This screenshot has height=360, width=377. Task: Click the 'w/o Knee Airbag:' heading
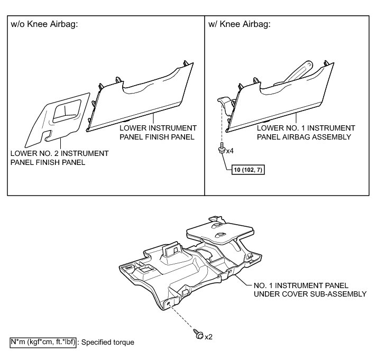(x=45, y=24)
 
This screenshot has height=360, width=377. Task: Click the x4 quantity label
(x=229, y=151)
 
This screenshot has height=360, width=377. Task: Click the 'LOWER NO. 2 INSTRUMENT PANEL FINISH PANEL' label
(x=59, y=158)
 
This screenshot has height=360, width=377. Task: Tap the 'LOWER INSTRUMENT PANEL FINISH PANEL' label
(x=158, y=133)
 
